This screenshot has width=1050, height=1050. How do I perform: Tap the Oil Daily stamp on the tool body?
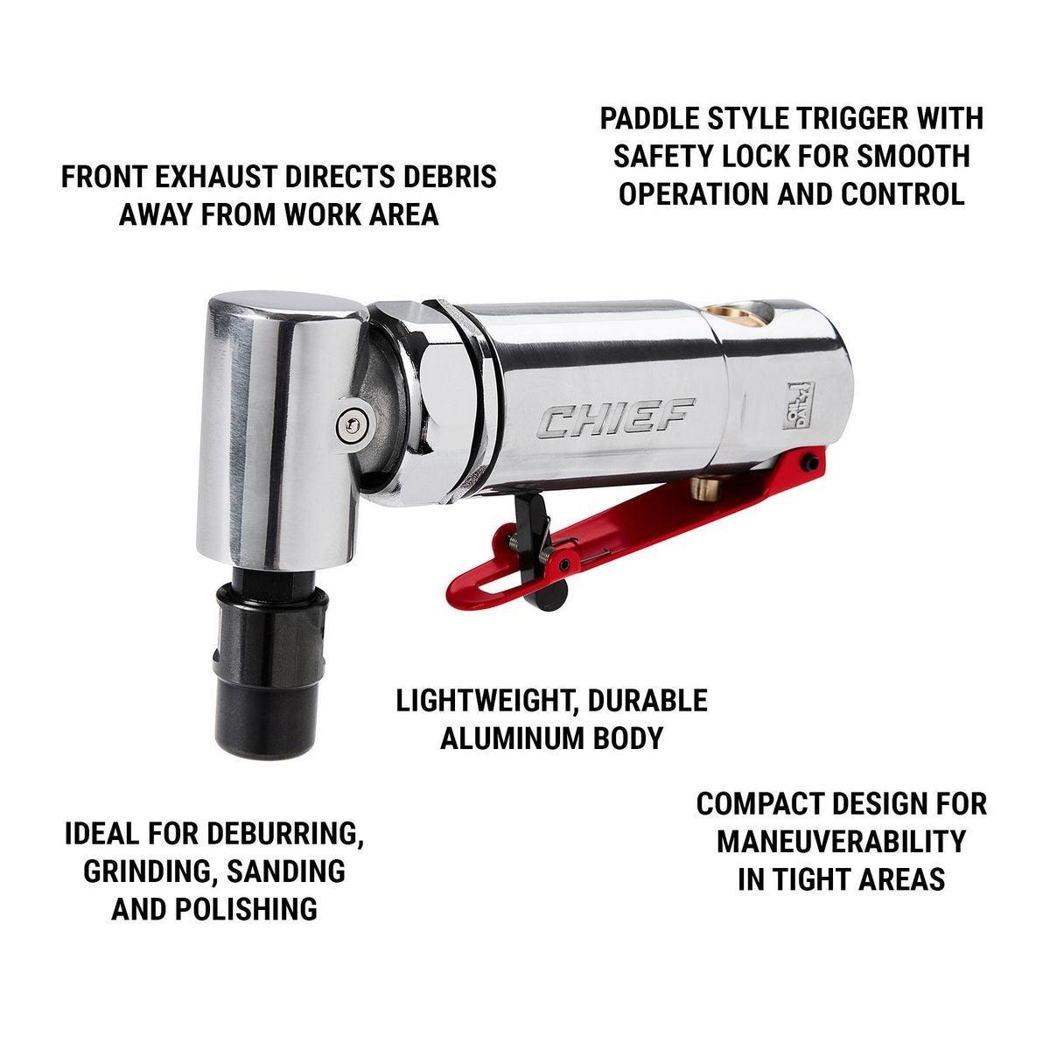pyautogui.click(x=799, y=405)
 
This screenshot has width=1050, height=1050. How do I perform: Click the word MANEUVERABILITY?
pyautogui.click(x=841, y=842)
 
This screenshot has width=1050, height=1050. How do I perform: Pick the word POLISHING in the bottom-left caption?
pyautogui.click(x=246, y=909)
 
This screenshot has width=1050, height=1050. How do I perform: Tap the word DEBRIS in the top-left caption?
pyautogui.click(x=450, y=177)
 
